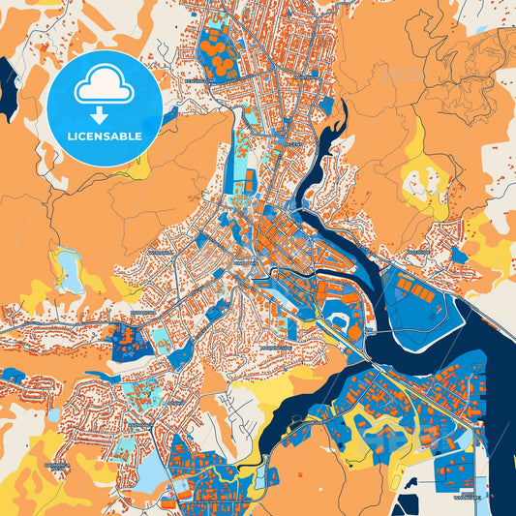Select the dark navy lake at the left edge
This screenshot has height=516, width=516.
click(x=8, y=81)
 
